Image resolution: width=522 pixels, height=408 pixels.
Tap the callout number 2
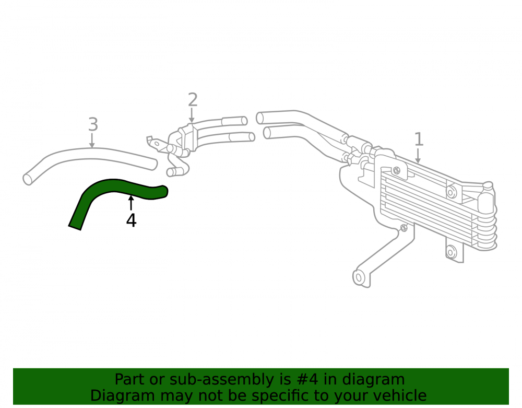click(193, 100)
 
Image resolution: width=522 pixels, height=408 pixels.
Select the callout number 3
click(93, 124)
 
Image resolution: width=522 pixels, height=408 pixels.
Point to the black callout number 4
click(131, 220)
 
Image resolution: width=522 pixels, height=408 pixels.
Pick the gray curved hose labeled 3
click(90, 155)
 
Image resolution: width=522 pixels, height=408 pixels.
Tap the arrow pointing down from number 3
click(92, 140)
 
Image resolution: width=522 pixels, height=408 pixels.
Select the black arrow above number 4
click(131, 203)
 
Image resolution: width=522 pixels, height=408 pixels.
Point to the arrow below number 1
click(418, 156)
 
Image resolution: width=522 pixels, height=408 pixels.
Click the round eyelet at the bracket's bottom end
click(359, 277)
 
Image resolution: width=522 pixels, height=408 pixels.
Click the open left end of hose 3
click(28, 179)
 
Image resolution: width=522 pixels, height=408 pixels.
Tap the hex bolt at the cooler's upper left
click(397, 170)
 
